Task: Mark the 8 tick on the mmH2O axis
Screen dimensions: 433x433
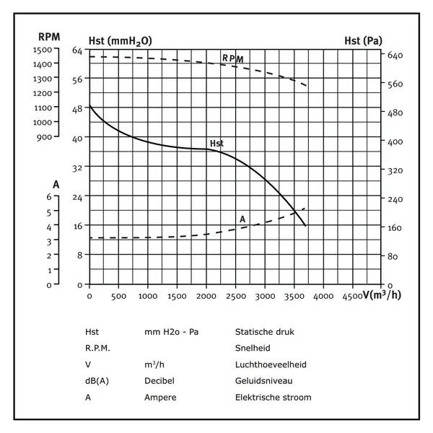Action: (x=80, y=255)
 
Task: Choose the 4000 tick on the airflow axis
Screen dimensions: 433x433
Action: (x=324, y=296)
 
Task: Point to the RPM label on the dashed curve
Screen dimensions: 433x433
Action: (x=232, y=58)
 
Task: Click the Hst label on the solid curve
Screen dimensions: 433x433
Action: (x=216, y=143)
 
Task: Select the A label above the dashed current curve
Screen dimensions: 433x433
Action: (x=242, y=219)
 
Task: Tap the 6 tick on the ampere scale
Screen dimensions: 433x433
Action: (x=49, y=196)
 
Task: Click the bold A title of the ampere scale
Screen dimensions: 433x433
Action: (x=56, y=184)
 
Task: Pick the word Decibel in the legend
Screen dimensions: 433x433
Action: (x=159, y=380)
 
